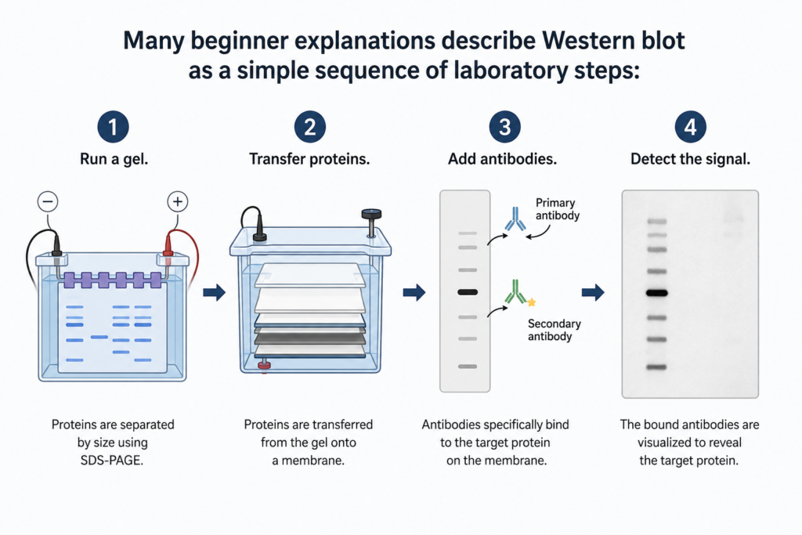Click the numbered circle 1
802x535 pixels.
point(113,127)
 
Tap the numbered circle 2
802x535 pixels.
point(310,127)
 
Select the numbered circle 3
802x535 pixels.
point(505,127)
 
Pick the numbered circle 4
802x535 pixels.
point(691,127)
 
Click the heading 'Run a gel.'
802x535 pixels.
point(114,159)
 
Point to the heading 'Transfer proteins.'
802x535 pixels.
point(309,159)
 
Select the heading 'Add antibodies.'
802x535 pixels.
point(502,159)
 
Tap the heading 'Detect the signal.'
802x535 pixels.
point(691,159)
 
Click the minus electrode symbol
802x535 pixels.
point(48,201)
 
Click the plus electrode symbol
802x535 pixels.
point(178,201)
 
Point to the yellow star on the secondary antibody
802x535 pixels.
point(532,302)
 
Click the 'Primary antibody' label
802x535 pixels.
point(557,208)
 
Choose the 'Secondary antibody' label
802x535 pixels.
point(554,330)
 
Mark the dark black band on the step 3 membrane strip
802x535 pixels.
point(468,292)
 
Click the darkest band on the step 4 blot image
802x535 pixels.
point(657,293)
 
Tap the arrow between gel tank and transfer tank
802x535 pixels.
point(215,292)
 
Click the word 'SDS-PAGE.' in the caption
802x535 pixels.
point(112,461)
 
